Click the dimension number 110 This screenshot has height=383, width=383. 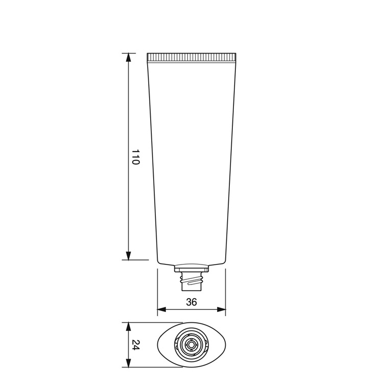135,157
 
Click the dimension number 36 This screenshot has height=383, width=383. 192,302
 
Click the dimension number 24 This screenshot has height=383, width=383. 135,345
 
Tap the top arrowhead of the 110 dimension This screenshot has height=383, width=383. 128,57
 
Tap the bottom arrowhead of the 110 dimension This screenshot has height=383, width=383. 128,255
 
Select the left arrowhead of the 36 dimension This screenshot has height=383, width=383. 162,309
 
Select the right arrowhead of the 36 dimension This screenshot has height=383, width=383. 221,309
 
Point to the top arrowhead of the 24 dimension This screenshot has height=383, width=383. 128,327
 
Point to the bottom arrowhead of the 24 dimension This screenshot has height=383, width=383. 128,363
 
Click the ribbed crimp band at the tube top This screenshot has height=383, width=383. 192,57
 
